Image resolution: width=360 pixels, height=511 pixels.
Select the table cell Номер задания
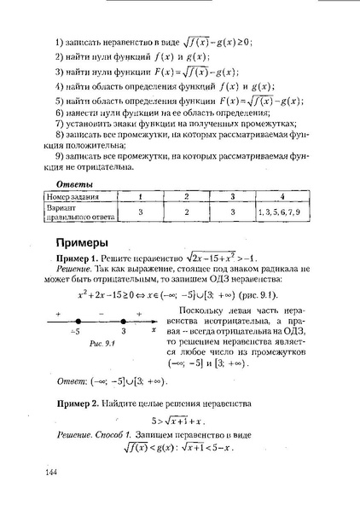(x=74, y=197)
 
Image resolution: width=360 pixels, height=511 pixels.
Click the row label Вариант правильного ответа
(x=74, y=212)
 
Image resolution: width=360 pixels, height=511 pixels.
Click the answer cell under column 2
(x=186, y=212)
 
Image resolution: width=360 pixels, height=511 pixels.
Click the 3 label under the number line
(x=124, y=328)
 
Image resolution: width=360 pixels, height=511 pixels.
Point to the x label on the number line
(x=153, y=328)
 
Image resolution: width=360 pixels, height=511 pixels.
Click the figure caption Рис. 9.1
(x=78, y=342)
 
